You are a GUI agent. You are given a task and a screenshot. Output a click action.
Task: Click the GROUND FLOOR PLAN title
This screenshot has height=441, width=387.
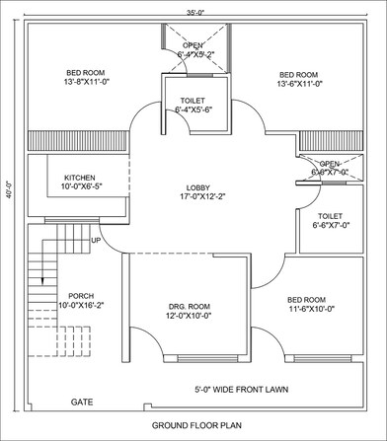[x=196, y=426]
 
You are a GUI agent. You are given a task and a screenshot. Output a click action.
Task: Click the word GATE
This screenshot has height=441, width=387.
[x=82, y=403]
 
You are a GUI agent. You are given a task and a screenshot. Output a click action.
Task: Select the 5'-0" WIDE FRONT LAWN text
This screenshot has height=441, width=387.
[x=241, y=390]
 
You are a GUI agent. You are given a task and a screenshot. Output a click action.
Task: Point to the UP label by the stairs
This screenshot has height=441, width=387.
[x=96, y=241]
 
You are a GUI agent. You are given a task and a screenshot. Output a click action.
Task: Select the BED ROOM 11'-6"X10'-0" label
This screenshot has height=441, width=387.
[x=306, y=304]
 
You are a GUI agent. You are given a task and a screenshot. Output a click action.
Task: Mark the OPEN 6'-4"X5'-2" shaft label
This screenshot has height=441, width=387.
[x=193, y=49]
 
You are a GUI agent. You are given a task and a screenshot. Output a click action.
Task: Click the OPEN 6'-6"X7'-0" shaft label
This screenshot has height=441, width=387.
[x=329, y=168]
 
